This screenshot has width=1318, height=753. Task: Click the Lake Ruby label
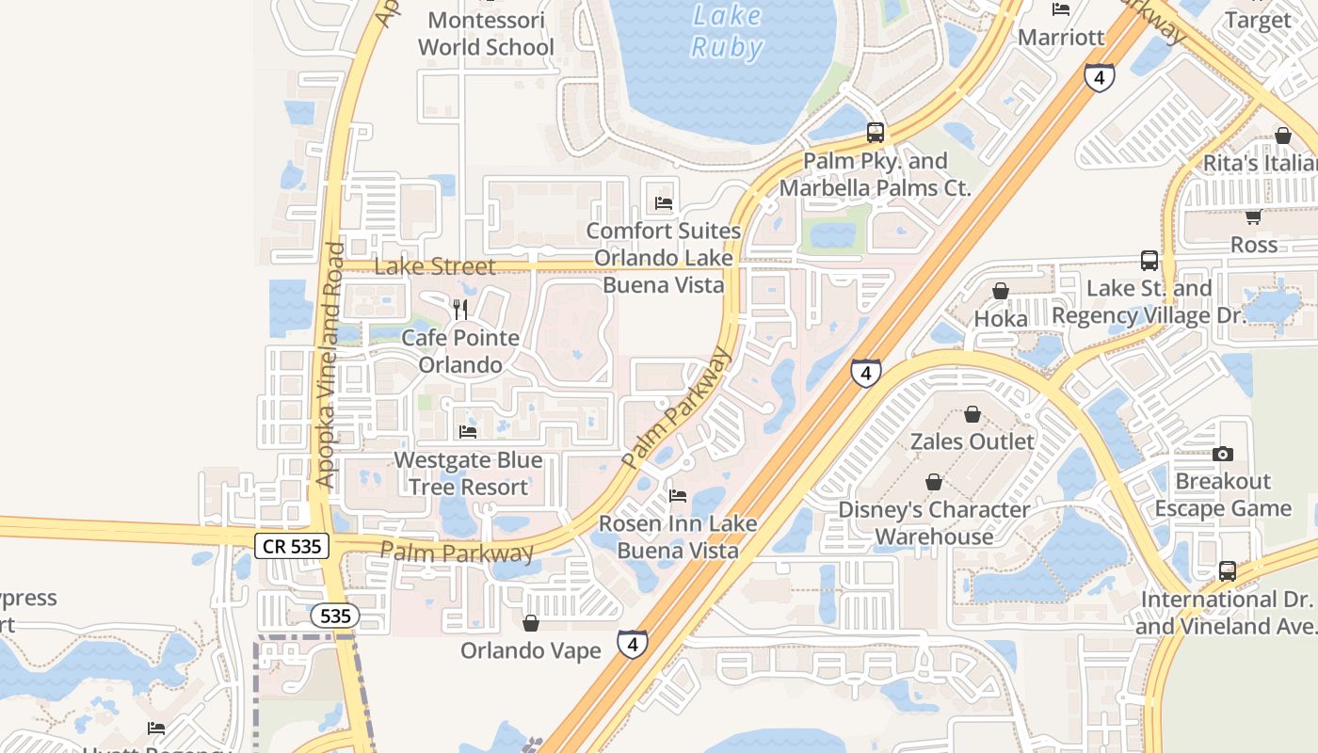[726, 31]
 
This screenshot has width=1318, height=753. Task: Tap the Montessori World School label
[486, 34]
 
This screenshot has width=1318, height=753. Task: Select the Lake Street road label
[434, 266]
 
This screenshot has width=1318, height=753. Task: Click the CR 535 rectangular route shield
[292, 545]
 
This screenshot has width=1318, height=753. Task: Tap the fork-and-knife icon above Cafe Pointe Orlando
[460, 309]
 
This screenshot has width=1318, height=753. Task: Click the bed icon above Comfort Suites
[664, 202]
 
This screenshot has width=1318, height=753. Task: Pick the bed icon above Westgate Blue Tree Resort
[468, 432]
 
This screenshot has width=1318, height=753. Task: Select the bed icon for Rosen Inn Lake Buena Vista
[677, 495]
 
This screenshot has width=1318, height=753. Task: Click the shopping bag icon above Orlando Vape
[531, 623]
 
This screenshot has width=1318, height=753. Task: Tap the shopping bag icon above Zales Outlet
[972, 414]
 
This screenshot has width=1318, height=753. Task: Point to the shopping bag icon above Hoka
[1001, 291]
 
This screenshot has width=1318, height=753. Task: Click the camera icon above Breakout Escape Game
[1223, 454]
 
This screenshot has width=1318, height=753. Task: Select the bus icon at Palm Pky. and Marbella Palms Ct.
[876, 133]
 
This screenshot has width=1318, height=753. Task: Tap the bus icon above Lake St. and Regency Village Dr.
[1149, 261]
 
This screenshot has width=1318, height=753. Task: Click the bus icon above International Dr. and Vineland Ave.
[1228, 571]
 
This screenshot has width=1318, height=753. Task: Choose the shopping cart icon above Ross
[1253, 217]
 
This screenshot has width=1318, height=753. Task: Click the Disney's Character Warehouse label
[934, 523]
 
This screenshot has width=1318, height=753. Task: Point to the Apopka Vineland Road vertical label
[328, 365]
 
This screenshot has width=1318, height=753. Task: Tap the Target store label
[1259, 20]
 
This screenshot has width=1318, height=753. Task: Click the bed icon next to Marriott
[1061, 9]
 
